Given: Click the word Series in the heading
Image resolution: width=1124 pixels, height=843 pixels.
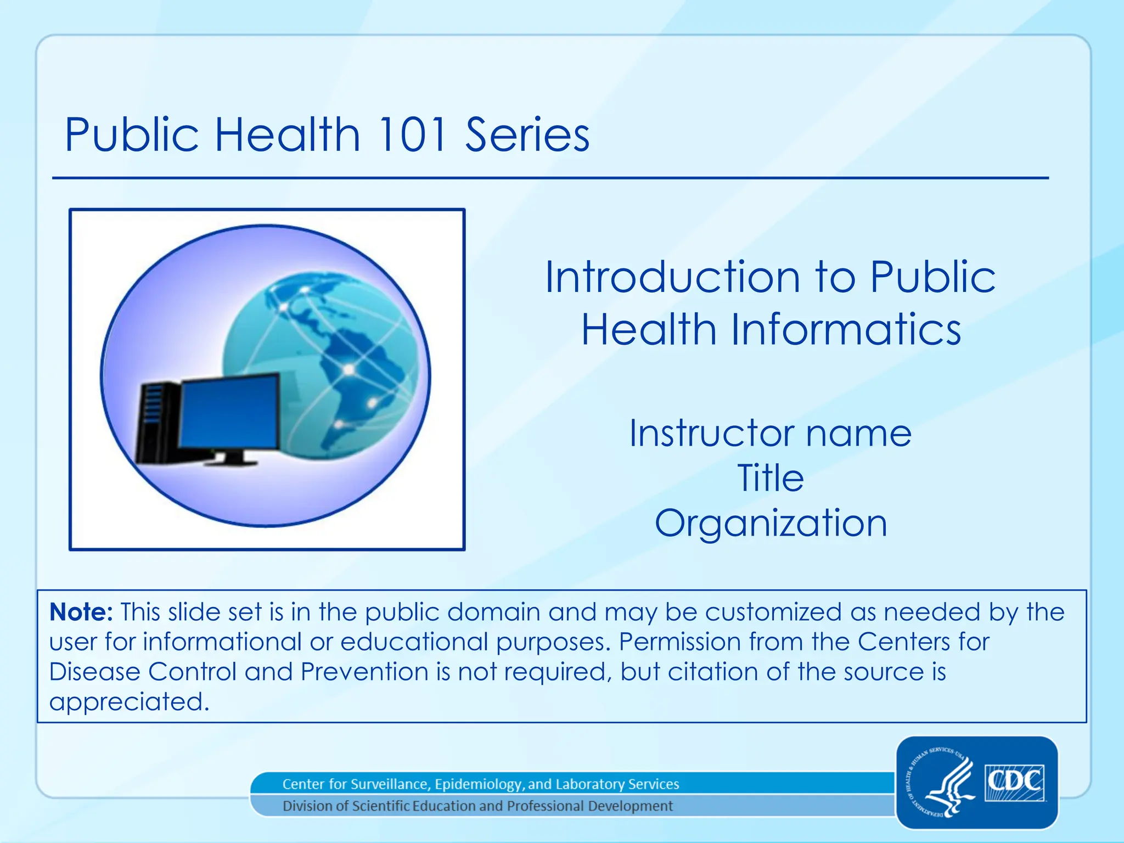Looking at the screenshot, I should [x=527, y=134].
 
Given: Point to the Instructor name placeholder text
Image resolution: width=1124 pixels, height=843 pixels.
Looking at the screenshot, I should [x=770, y=434].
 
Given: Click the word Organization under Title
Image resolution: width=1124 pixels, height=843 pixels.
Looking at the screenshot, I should [x=771, y=522].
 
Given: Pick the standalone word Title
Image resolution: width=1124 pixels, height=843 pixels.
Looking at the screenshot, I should [x=770, y=478].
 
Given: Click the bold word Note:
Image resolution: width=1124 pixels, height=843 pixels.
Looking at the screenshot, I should [x=81, y=612].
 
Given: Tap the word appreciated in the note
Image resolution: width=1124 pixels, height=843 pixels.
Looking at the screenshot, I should [x=128, y=702].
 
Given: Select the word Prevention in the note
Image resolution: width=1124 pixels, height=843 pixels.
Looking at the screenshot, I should [x=364, y=672].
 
